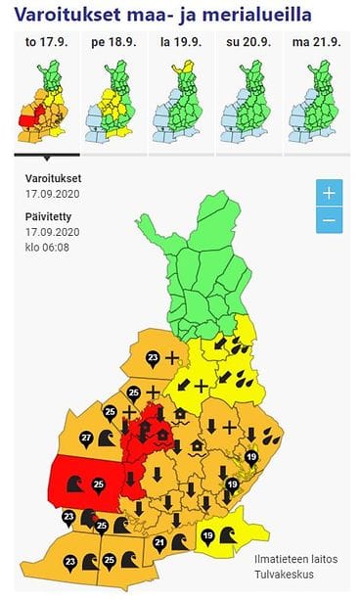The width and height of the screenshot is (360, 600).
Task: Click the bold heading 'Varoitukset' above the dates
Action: point(54,179)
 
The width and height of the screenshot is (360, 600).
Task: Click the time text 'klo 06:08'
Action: point(47,247)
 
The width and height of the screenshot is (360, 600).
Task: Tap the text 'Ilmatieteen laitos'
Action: point(296,559)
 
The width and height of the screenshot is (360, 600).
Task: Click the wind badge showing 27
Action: point(86,438)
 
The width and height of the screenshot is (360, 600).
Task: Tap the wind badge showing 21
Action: point(160,541)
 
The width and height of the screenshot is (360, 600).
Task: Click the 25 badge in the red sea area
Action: point(98,484)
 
